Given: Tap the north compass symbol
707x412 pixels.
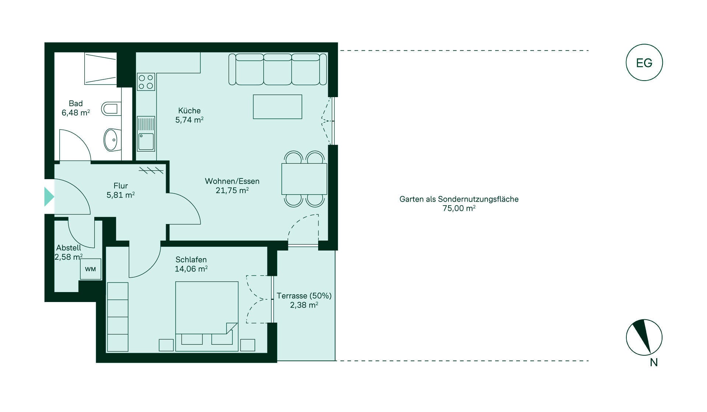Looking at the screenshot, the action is pos(644,337).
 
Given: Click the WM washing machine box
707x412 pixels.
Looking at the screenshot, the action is pos(91,269).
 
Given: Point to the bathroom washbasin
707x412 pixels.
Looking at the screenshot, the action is pos(112,140).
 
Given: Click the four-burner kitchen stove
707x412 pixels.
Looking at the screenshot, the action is pos(146,82).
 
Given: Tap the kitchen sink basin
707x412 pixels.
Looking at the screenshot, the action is pos(146,142).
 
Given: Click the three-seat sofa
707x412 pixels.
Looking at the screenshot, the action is pos(278,69).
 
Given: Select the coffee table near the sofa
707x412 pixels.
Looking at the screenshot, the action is pos(278,107).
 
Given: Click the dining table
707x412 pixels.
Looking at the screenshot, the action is pos(304,179).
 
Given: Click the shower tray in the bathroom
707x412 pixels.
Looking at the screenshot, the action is pos(101,68).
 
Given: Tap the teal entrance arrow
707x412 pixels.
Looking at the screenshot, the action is pos(49,196).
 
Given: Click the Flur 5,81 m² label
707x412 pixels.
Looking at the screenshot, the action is pos(121,190).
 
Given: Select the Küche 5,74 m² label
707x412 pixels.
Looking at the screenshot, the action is pos(189,115).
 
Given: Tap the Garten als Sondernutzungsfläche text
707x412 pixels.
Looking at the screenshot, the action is pos(459,199).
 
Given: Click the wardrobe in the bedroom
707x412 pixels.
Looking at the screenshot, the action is pos(118,317).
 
